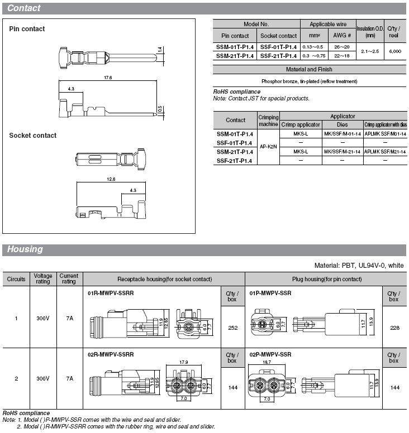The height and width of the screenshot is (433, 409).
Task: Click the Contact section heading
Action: point(24,8)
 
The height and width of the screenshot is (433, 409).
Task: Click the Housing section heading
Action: point(25,249)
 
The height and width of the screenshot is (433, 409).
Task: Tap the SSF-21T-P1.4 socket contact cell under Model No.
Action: point(278,56)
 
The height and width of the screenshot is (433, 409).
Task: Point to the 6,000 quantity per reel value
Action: point(395,51)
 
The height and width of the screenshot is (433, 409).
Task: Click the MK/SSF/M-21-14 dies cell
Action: point(343,151)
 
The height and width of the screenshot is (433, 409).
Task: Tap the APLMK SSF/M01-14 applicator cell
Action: point(385,134)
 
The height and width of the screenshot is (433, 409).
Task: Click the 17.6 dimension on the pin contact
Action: point(107,78)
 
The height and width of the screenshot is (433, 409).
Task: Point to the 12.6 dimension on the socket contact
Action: point(111,179)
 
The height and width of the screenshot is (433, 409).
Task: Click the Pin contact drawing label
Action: point(27,29)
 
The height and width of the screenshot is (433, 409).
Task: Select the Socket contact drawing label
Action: point(32,136)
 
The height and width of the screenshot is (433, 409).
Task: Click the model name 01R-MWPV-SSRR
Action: point(111,292)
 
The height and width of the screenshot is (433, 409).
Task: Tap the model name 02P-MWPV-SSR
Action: point(270,354)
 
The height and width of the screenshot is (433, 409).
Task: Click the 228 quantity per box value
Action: point(394,328)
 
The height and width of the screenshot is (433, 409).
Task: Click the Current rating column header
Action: point(69,278)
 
